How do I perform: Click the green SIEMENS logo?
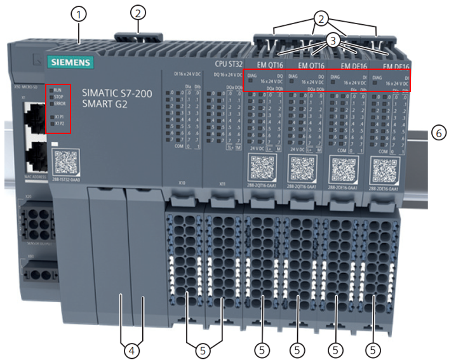click(x=69, y=62)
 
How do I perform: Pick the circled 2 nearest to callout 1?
click(x=139, y=11)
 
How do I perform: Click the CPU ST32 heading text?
click(x=227, y=63)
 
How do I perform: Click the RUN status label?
click(x=58, y=90)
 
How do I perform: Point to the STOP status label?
click(x=58, y=97)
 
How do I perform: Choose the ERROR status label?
click(x=60, y=104)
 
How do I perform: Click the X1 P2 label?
click(x=60, y=124)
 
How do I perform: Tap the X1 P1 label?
click(x=60, y=117)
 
